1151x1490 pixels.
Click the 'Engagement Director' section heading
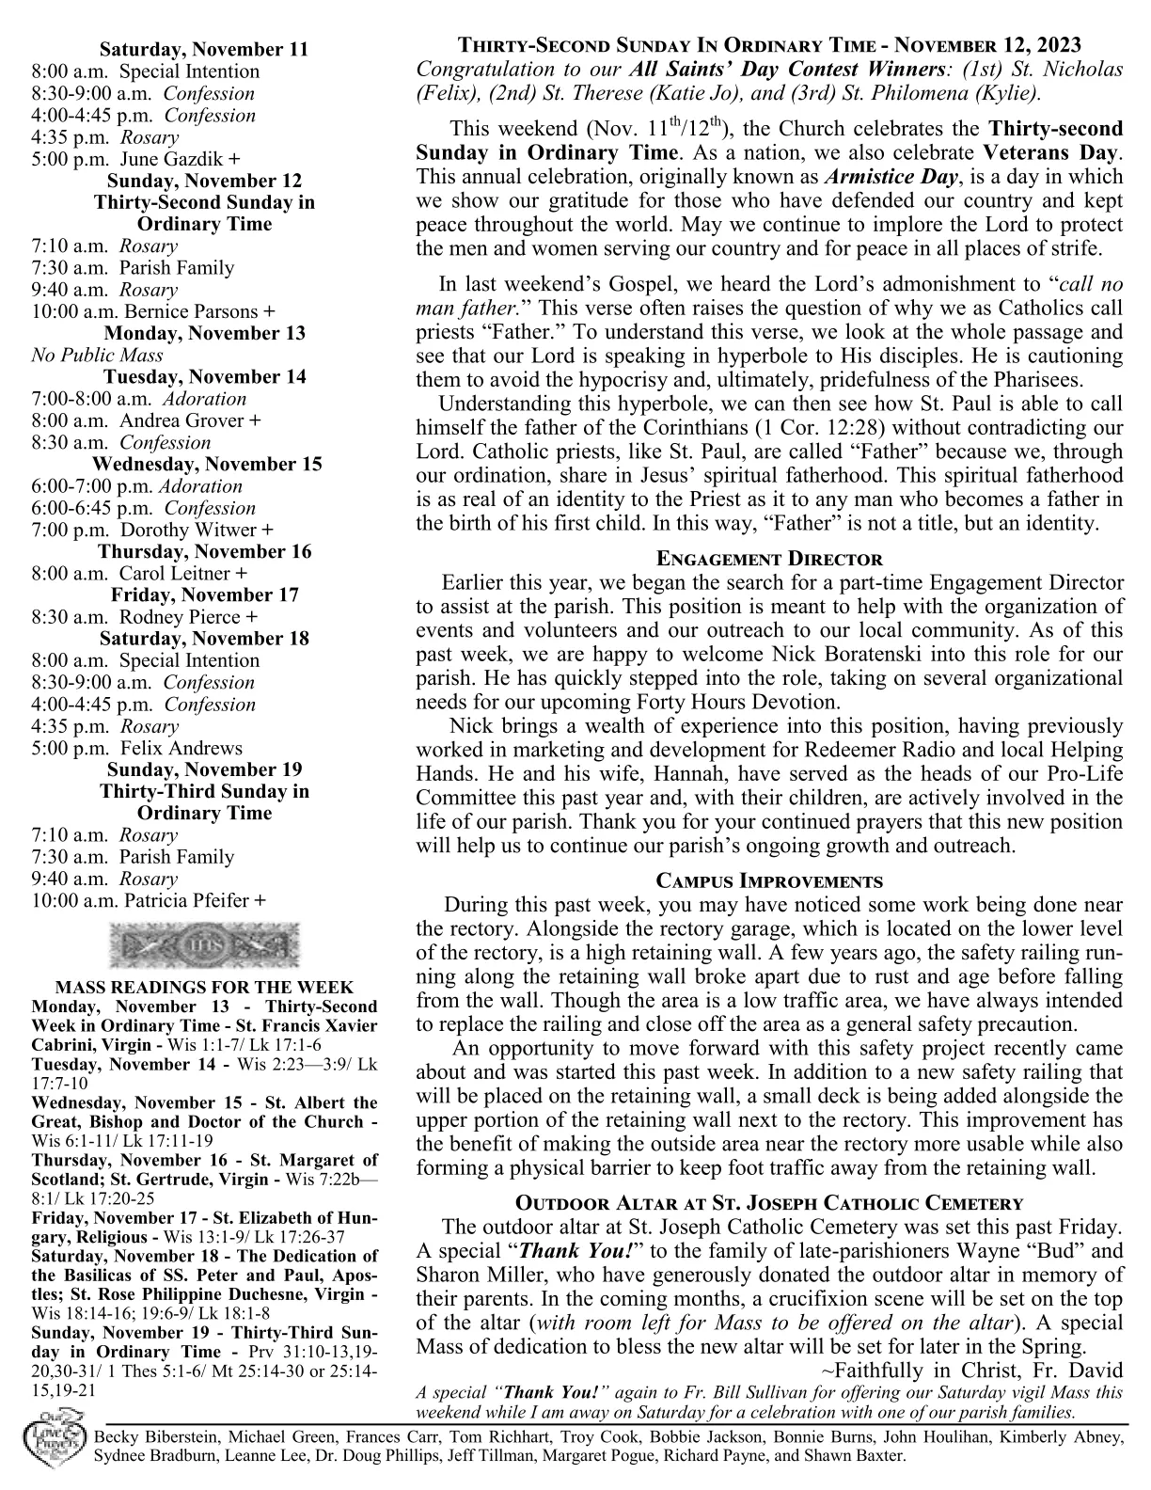point(768,559)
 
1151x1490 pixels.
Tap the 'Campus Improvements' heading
point(768,881)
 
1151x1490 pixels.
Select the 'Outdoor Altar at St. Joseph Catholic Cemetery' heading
point(768,1203)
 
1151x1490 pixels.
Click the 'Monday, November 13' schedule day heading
point(204,333)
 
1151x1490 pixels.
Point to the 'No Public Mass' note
point(97,355)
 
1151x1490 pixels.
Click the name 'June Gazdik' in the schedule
point(172,159)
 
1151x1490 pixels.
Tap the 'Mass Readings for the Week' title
point(204,987)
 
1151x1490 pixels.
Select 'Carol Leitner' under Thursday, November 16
point(174,573)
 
